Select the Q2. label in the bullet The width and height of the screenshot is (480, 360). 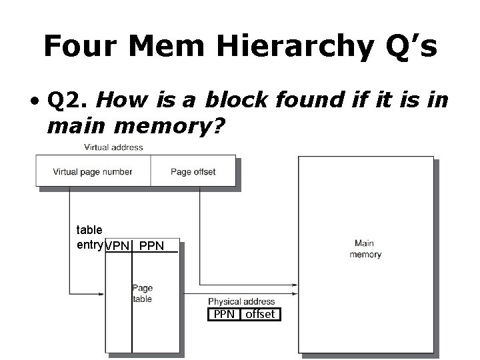[69, 101]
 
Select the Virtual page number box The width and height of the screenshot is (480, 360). [93, 171]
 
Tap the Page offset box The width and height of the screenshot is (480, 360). [193, 171]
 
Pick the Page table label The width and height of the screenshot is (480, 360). [142, 293]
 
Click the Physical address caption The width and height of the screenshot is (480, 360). [241, 302]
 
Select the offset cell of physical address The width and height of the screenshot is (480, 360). [259, 315]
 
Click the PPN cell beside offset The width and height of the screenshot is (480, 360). [223, 315]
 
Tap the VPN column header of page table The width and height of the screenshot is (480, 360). [118, 246]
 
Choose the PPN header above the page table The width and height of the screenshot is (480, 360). [153, 246]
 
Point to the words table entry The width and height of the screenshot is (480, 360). [89, 237]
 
